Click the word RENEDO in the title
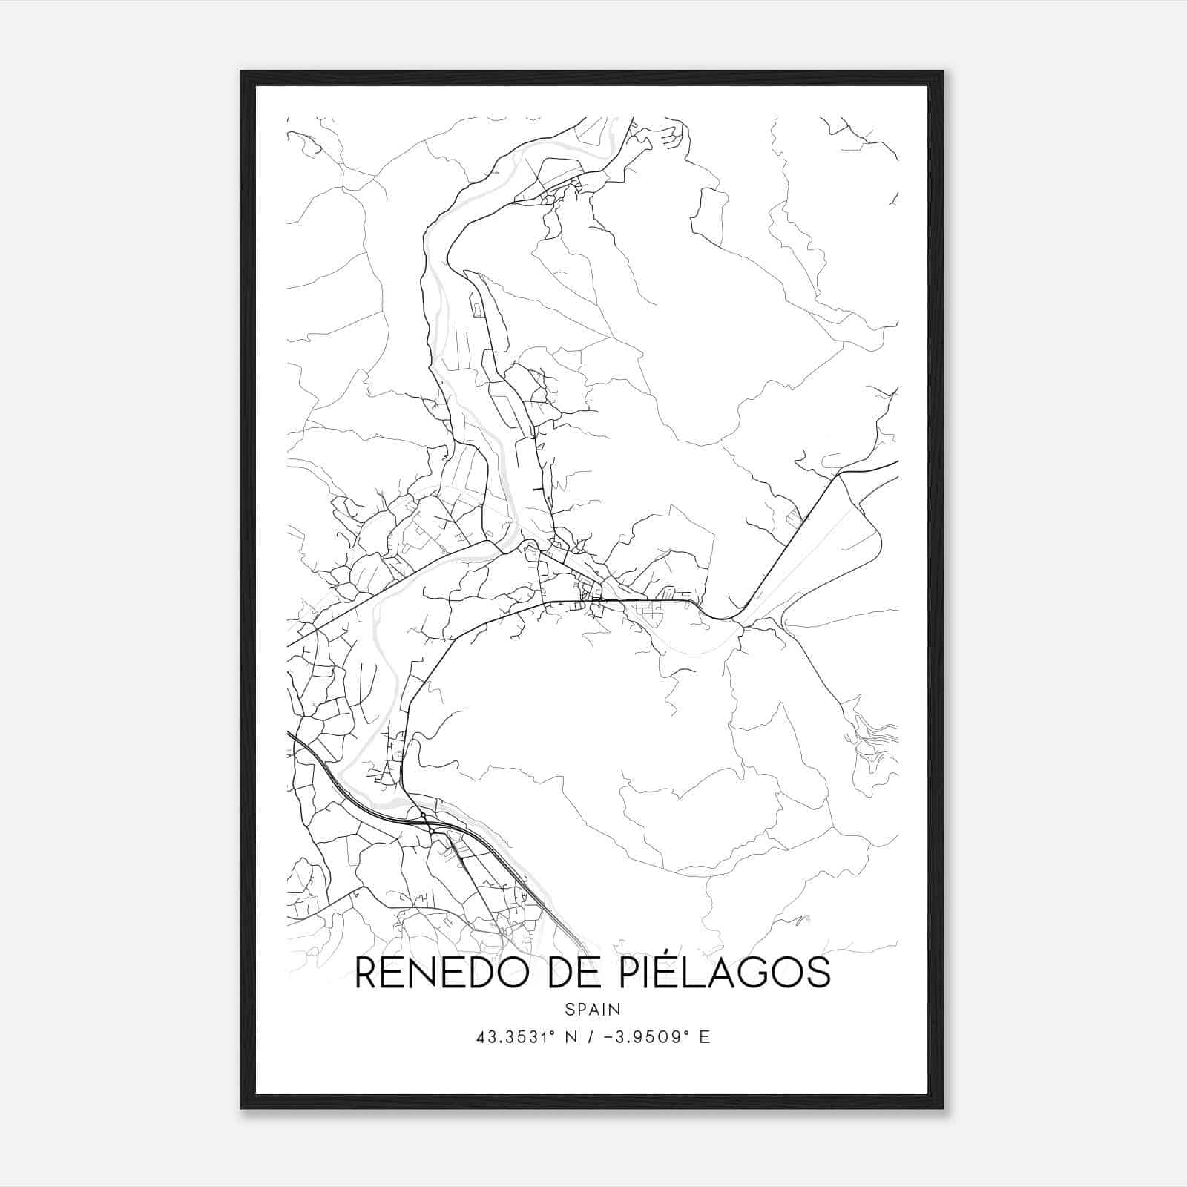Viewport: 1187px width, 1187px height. click(x=442, y=973)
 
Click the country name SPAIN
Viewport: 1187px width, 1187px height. click(x=592, y=1010)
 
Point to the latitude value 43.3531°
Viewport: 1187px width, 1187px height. click(x=517, y=1037)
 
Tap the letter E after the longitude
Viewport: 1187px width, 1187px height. click(x=705, y=1037)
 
